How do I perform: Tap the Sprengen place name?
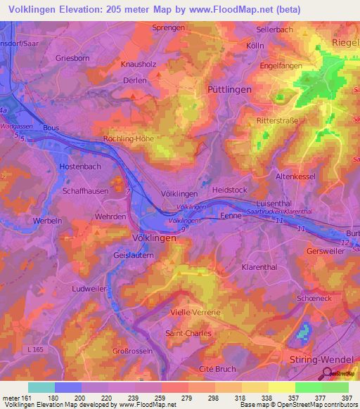click(x=168, y=27)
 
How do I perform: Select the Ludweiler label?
click(x=89, y=289)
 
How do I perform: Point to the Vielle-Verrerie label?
click(x=195, y=311)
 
